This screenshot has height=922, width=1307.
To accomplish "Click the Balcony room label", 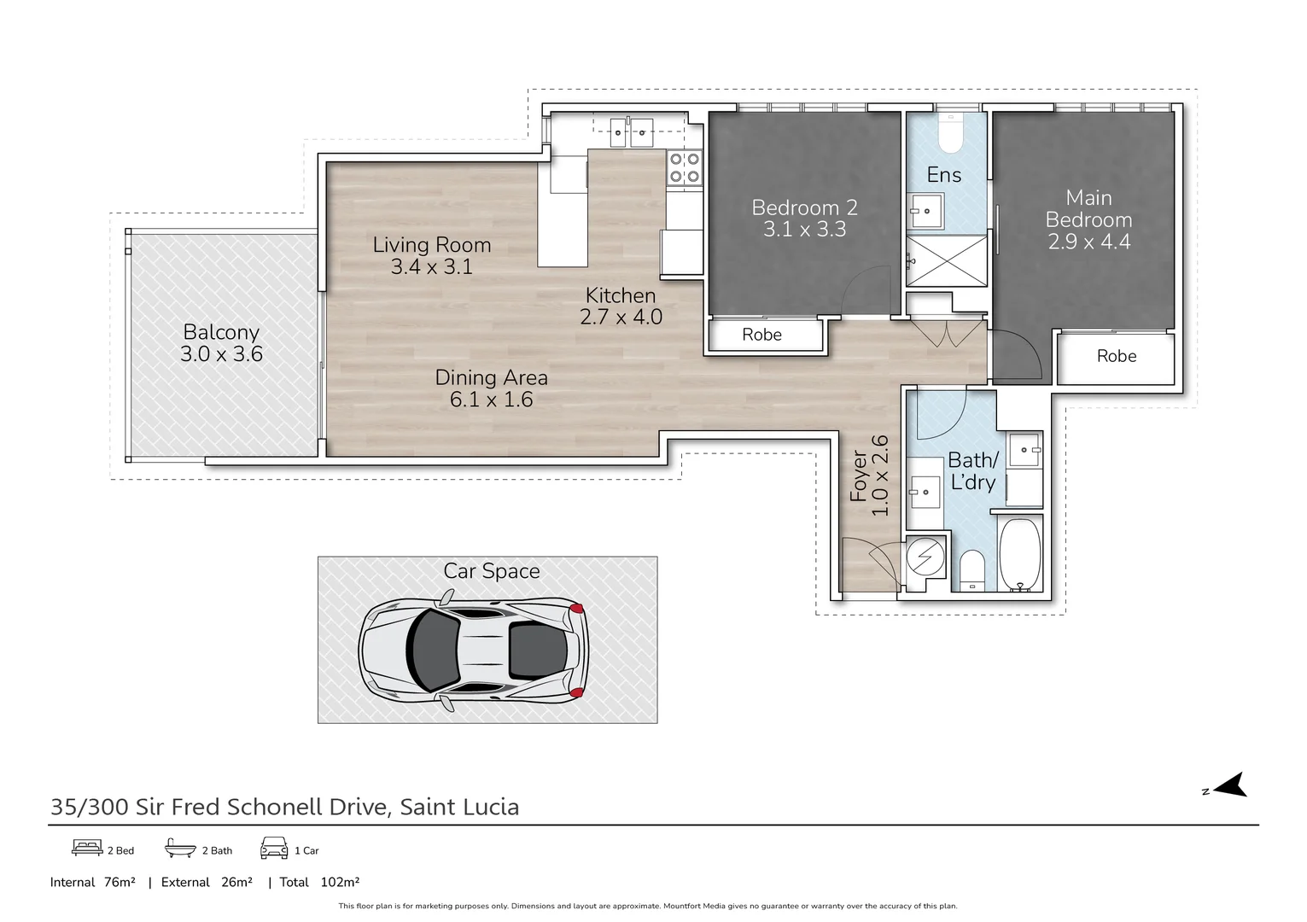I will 221,332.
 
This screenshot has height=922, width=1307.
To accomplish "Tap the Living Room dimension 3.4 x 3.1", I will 431,267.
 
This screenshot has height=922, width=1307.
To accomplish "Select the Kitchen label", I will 621,295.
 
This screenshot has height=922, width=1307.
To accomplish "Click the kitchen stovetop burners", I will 684,167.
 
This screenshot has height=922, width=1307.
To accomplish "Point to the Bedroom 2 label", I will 804,207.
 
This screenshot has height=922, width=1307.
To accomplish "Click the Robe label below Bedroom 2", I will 761,335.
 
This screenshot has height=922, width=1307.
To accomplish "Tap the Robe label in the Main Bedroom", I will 1116,356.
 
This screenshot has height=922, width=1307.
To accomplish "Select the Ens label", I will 944,175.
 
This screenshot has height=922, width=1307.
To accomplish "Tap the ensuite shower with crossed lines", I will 946,260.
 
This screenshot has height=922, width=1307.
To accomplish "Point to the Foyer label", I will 859,476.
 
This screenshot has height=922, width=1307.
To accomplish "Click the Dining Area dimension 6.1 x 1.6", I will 491,400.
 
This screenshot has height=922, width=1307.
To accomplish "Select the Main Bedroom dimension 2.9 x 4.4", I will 1088,242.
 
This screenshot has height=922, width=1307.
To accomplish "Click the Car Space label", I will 491,571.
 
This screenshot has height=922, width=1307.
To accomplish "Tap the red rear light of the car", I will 577,609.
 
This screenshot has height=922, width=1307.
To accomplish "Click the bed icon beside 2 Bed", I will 87,848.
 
